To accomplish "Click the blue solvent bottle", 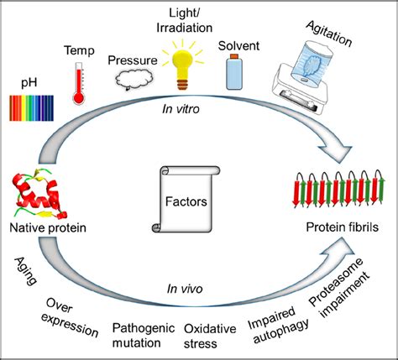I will coord(234,70).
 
